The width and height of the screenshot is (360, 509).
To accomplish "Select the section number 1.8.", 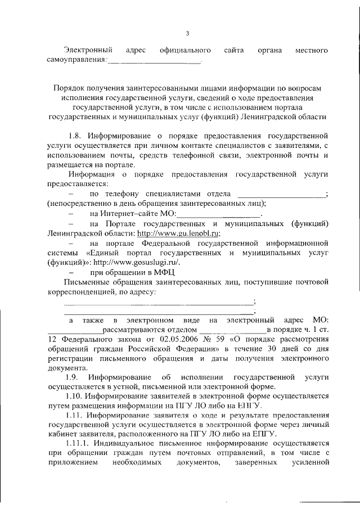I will (x=77, y=136).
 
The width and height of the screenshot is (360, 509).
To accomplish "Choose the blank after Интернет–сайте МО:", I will (x=219, y=214).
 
